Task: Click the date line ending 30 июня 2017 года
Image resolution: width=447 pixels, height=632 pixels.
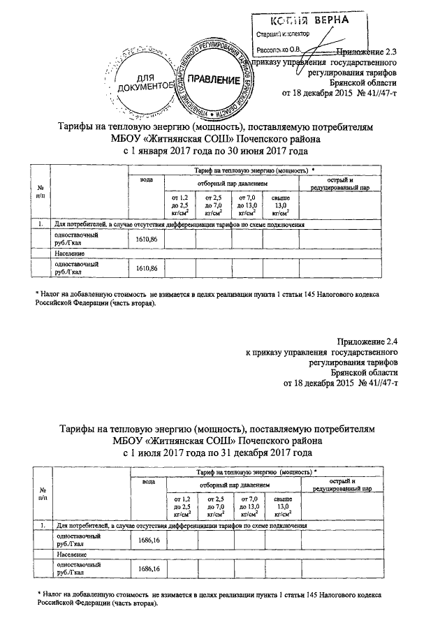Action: (215, 150)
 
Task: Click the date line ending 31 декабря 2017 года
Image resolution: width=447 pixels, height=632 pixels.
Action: (215, 453)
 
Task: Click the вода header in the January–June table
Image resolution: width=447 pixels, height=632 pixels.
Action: (147, 180)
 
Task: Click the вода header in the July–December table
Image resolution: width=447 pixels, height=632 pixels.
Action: (147, 482)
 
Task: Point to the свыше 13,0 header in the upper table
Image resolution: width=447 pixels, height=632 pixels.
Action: (280, 205)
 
